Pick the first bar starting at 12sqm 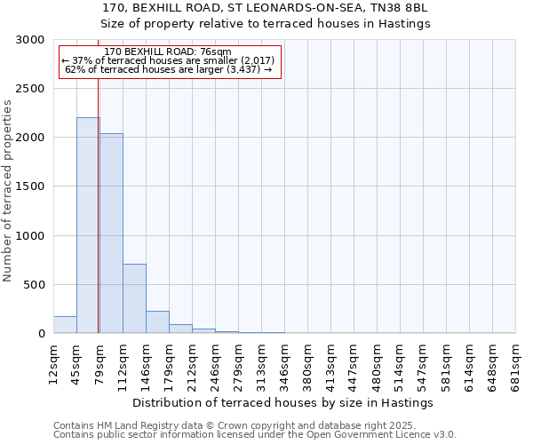[x=65, y=325]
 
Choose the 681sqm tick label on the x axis [x=515, y=361]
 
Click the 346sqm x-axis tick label [x=284, y=361]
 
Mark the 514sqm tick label [x=400, y=361]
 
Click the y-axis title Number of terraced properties [x=8, y=191]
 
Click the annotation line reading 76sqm [x=167, y=52]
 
